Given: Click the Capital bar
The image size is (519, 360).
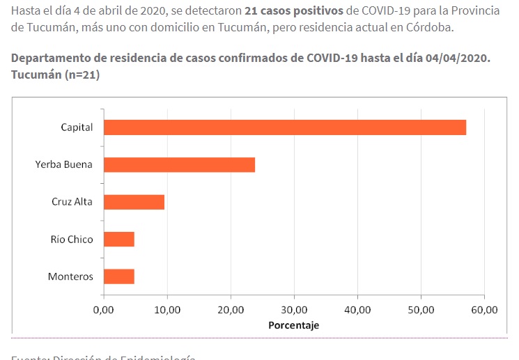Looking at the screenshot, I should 284,127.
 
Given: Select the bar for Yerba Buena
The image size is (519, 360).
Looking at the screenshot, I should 179,165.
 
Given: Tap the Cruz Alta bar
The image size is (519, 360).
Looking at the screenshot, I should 134,202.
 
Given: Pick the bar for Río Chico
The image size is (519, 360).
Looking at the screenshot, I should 118,240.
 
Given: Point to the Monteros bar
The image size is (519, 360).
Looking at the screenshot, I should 118,276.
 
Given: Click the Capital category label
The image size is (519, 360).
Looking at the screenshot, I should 77,127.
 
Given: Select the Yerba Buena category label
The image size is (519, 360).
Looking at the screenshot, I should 64,165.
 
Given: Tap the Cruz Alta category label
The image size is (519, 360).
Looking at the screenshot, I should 72,202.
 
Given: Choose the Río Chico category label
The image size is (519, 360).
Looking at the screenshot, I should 72,240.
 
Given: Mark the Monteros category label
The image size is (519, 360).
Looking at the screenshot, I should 70,276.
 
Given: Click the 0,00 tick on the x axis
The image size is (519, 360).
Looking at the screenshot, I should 103,309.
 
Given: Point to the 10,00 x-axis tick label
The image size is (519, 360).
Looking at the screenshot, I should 166,309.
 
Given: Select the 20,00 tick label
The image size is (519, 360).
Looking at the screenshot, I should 230,309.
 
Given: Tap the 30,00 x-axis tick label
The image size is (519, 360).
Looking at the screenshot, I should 293,309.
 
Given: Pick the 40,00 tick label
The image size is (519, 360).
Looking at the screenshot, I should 357,309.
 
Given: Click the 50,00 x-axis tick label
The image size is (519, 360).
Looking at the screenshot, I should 421,309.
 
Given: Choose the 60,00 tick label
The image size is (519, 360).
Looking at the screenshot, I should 484,309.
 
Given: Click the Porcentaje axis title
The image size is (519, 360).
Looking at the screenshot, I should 293,325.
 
